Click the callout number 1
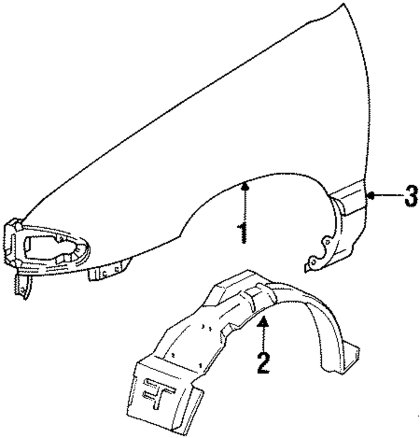[x=242, y=232]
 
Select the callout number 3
[x=411, y=196]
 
